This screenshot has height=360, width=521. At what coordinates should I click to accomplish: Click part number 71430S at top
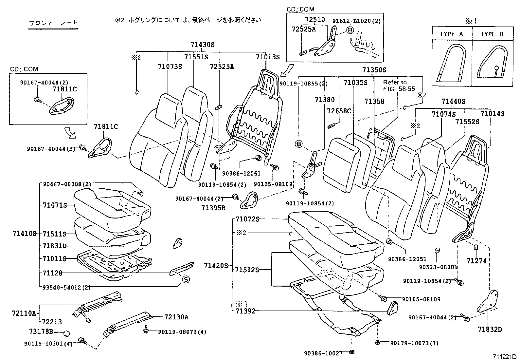[x=203, y=45]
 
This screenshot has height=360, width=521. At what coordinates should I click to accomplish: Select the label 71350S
[x=374, y=70]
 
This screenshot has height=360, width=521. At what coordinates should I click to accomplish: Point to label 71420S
[x=215, y=265]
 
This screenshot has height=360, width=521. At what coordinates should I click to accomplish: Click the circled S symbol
[x=186, y=279]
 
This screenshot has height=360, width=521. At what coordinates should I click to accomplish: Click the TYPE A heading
[x=452, y=34]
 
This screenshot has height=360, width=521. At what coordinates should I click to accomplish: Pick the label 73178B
[x=41, y=332]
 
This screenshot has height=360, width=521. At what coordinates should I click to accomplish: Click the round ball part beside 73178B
[x=66, y=333]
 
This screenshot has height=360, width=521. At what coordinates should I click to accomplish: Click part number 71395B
[x=213, y=207]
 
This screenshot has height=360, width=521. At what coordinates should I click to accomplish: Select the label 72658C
[x=339, y=111]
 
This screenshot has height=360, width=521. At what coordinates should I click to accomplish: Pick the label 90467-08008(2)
[x=67, y=184]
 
